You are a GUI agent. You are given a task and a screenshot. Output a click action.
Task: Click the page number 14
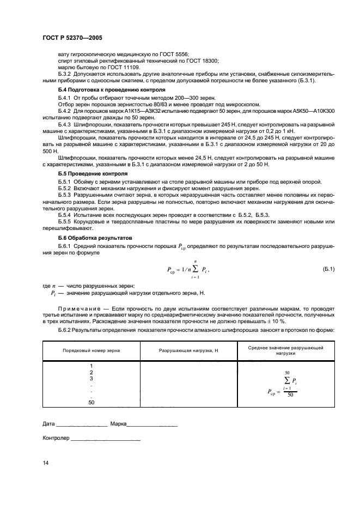[x=45, y=463]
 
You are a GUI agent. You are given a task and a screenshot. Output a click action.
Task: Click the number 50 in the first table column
[x=91, y=403]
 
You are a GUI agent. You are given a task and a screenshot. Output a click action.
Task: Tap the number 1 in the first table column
[x=91, y=366]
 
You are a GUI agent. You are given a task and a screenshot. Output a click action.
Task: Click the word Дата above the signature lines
[x=49, y=423]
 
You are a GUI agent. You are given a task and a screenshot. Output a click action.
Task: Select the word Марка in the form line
[x=118, y=423]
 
